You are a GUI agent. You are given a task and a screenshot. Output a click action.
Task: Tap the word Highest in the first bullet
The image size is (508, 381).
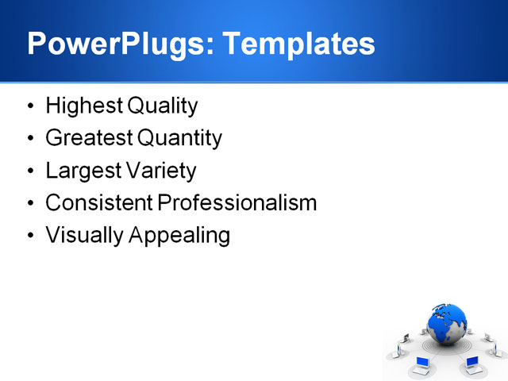(78, 106)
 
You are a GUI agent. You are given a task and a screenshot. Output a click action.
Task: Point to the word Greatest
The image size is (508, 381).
(89, 139)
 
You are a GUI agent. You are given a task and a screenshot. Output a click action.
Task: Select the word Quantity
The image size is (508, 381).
(179, 139)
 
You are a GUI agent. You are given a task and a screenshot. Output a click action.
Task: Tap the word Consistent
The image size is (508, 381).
(99, 203)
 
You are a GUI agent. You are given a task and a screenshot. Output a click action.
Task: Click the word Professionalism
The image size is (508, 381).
(237, 203)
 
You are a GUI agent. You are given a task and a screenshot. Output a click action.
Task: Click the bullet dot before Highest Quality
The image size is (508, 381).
(30, 106)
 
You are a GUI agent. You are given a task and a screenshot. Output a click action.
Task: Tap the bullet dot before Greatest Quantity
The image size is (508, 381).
(30, 139)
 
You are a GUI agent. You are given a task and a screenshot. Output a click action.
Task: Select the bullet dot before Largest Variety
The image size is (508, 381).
(30, 171)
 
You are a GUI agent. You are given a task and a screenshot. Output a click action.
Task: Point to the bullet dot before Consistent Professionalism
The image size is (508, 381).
(30, 203)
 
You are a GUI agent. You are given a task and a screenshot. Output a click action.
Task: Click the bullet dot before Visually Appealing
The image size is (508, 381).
(30, 236)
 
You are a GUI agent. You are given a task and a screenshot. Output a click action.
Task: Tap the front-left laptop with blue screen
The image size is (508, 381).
(422, 365)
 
